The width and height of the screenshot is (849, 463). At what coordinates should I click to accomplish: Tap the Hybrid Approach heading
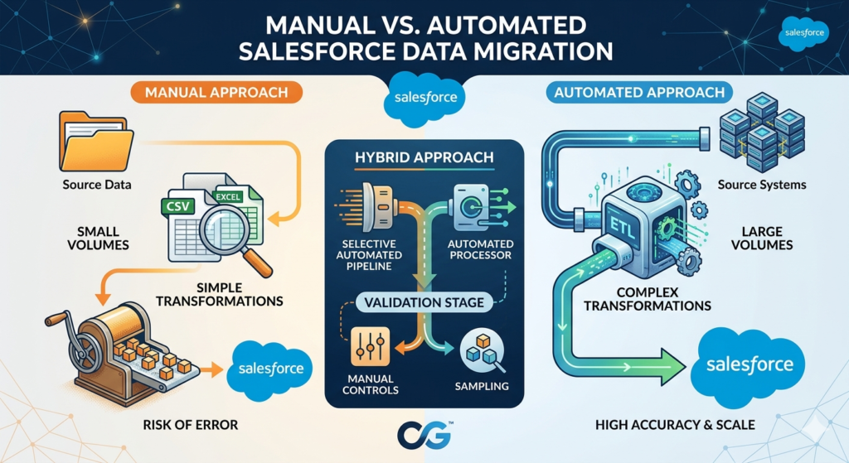tap(424, 157)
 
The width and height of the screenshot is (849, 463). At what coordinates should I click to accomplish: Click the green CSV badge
tap(180, 206)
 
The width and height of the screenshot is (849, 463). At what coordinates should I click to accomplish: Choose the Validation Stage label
tap(424, 302)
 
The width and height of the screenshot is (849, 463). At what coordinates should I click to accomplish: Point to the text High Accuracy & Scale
tap(675, 425)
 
